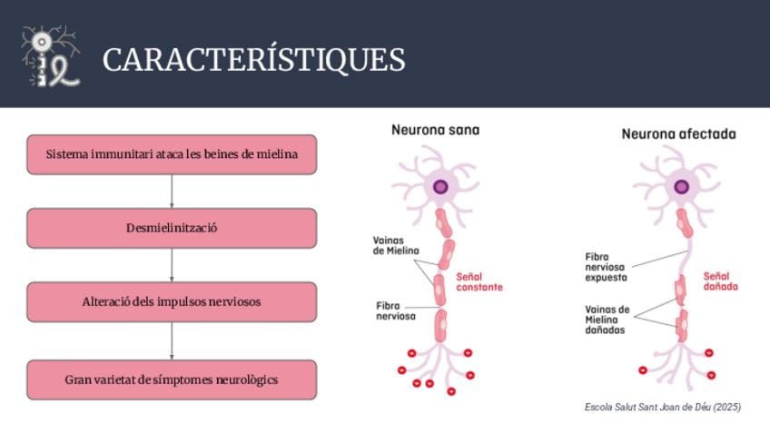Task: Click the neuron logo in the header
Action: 50,57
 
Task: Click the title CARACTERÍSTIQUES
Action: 253,60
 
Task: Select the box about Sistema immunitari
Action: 172,154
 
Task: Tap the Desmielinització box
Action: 172,228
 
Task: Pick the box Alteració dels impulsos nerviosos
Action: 172,301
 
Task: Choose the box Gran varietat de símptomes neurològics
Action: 172,379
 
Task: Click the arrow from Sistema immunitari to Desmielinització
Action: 172,192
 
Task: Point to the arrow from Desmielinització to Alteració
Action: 172,265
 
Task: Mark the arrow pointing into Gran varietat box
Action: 172,341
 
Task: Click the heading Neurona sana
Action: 435,130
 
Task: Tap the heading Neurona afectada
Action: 678,134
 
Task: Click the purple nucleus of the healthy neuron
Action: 440,187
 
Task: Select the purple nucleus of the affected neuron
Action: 681,187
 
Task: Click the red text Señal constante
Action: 479,281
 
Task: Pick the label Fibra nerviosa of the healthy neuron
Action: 395,311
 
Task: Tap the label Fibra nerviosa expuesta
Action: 606,268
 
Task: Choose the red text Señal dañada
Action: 720,281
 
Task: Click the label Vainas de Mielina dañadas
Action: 607,320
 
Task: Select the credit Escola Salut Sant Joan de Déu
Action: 662,408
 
